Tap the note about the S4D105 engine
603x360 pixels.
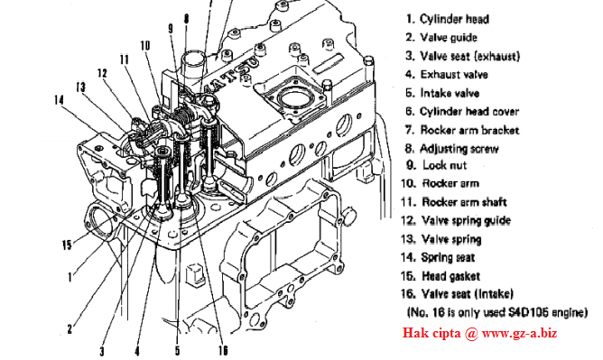pos(496,312)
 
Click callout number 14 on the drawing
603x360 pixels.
pos(59,100)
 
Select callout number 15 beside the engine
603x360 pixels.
pos(67,245)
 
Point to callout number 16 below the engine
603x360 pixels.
pos(223,350)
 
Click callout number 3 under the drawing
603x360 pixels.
pos(102,351)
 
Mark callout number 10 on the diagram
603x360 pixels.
pos(145,46)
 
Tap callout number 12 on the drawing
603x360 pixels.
pos(102,73)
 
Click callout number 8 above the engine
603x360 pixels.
pos(187,19)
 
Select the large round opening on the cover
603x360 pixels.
pos(293,97)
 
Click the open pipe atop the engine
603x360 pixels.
pos(194,61)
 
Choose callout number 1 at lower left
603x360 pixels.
pos(70,277)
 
